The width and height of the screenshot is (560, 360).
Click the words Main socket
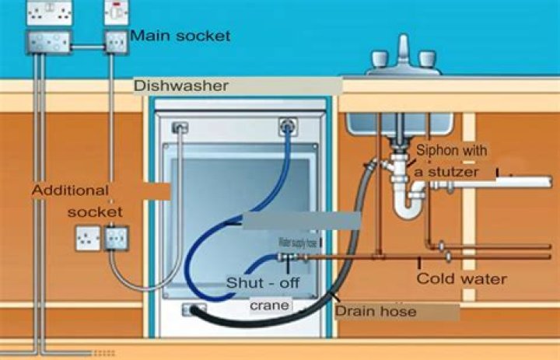tap(180, 36)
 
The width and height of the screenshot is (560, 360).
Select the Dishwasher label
tap(181, 86)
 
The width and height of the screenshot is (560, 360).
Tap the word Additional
tap(70, 190)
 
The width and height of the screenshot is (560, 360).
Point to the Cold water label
tap(461, 278)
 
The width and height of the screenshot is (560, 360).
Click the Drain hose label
tap(376, 311)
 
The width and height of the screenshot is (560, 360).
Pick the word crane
tap(269, 306)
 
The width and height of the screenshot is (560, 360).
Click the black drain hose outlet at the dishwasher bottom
tap(191, 311)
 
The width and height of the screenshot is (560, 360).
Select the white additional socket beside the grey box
tap(87, 238)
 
